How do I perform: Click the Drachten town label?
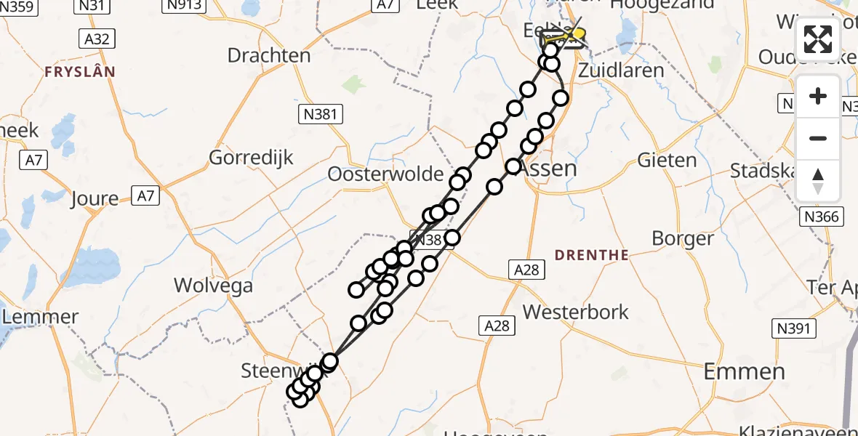[268, 55]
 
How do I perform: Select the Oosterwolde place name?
[385, 174]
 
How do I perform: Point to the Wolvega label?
[213, 285]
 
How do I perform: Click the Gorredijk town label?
[252, 157]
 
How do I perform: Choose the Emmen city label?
[745, 372]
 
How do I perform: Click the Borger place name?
[683, 238]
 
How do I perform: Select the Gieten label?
[667, 160]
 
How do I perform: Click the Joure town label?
[95, 198]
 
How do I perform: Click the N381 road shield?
[320, 113]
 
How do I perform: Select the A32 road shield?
[96, 39]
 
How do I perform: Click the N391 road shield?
[792, 328]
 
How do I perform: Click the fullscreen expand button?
[818, 39]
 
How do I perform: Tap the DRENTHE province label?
[591, 255]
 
